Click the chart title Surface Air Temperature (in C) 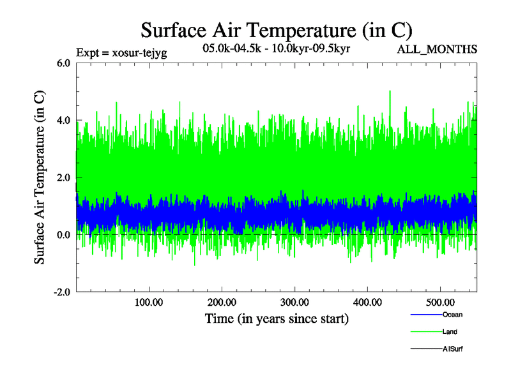tap(277, 30)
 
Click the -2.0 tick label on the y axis tap(62, 292)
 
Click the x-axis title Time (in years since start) tap(277, 318)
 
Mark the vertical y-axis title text tap(40, 177)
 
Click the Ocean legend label tap(452, 315)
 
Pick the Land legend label tap(450, 332)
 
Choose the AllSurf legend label tap(453, 349)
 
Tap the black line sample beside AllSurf tap(425, 349)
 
